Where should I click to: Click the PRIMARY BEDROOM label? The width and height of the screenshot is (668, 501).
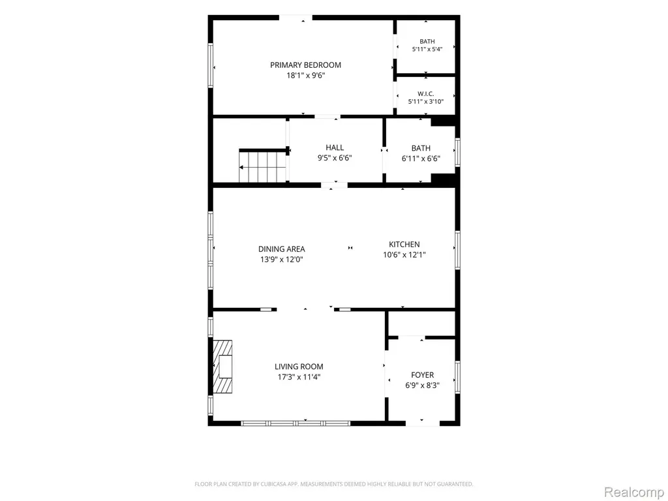click(x=305, y=65)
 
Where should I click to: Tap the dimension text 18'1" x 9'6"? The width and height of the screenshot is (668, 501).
click(x=306, y=76)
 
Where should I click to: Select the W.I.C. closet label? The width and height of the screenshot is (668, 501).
click(x=426, y=94)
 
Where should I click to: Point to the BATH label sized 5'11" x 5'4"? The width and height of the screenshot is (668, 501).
click(x=427, y=41)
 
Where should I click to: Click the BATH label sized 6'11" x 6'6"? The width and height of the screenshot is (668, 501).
click(x=421, y=148)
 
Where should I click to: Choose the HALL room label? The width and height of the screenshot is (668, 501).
click(x=335, y=148)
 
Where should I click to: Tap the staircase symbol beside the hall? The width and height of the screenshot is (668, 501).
click(x=262, y=166)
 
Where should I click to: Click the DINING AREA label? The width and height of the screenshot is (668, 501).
click(x=282, y=249)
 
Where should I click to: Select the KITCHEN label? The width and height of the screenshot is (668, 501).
click(x=404, y=245)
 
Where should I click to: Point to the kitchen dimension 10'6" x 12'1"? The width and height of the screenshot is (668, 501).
click(x=404, y=255)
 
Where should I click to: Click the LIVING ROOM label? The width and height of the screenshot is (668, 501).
click(x=299, y=367)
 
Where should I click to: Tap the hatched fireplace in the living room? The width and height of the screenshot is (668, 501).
click(x=223, y=367)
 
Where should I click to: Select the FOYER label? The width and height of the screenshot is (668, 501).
click(x=423, y=375)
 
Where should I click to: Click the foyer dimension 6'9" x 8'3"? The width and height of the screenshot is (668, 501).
click(x=423, y=386)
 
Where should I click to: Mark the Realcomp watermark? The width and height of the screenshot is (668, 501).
click(x=634, y=492)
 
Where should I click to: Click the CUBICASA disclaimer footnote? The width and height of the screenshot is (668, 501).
click(x=334, y=484)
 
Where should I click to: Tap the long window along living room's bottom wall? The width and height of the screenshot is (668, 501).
click(x=296, y=423)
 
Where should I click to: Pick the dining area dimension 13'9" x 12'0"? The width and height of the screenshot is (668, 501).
click(x=282, y=260)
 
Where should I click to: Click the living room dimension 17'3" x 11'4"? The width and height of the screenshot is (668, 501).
click(x=299, y=377)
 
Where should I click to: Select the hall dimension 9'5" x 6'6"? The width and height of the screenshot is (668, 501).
click(x=335, y=158)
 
